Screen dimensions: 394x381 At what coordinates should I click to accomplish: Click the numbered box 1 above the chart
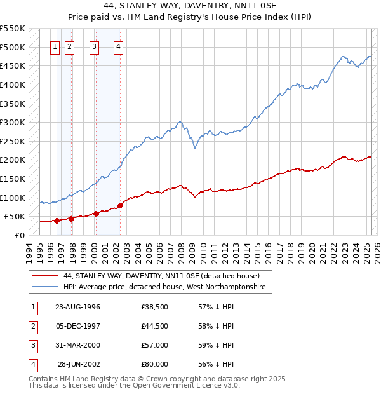tap(54, 46)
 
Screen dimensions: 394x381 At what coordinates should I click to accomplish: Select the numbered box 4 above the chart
tap(119, 46)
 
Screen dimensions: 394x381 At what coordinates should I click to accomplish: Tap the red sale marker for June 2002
tap(120, 205)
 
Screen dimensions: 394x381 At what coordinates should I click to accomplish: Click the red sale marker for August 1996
tap(57, 221)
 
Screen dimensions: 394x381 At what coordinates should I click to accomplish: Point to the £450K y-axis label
tap(13, 66)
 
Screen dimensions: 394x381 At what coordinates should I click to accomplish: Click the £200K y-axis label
tap(13, 160)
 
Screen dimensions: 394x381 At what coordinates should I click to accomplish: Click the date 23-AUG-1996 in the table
tap(77, 307)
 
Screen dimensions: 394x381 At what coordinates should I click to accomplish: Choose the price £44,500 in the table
tap(155, 326)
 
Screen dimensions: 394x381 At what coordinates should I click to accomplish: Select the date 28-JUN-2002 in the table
tap(79, 364)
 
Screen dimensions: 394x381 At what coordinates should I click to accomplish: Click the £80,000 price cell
tap(155, 364)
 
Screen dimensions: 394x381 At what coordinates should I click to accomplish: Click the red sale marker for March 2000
tap(96, 214)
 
